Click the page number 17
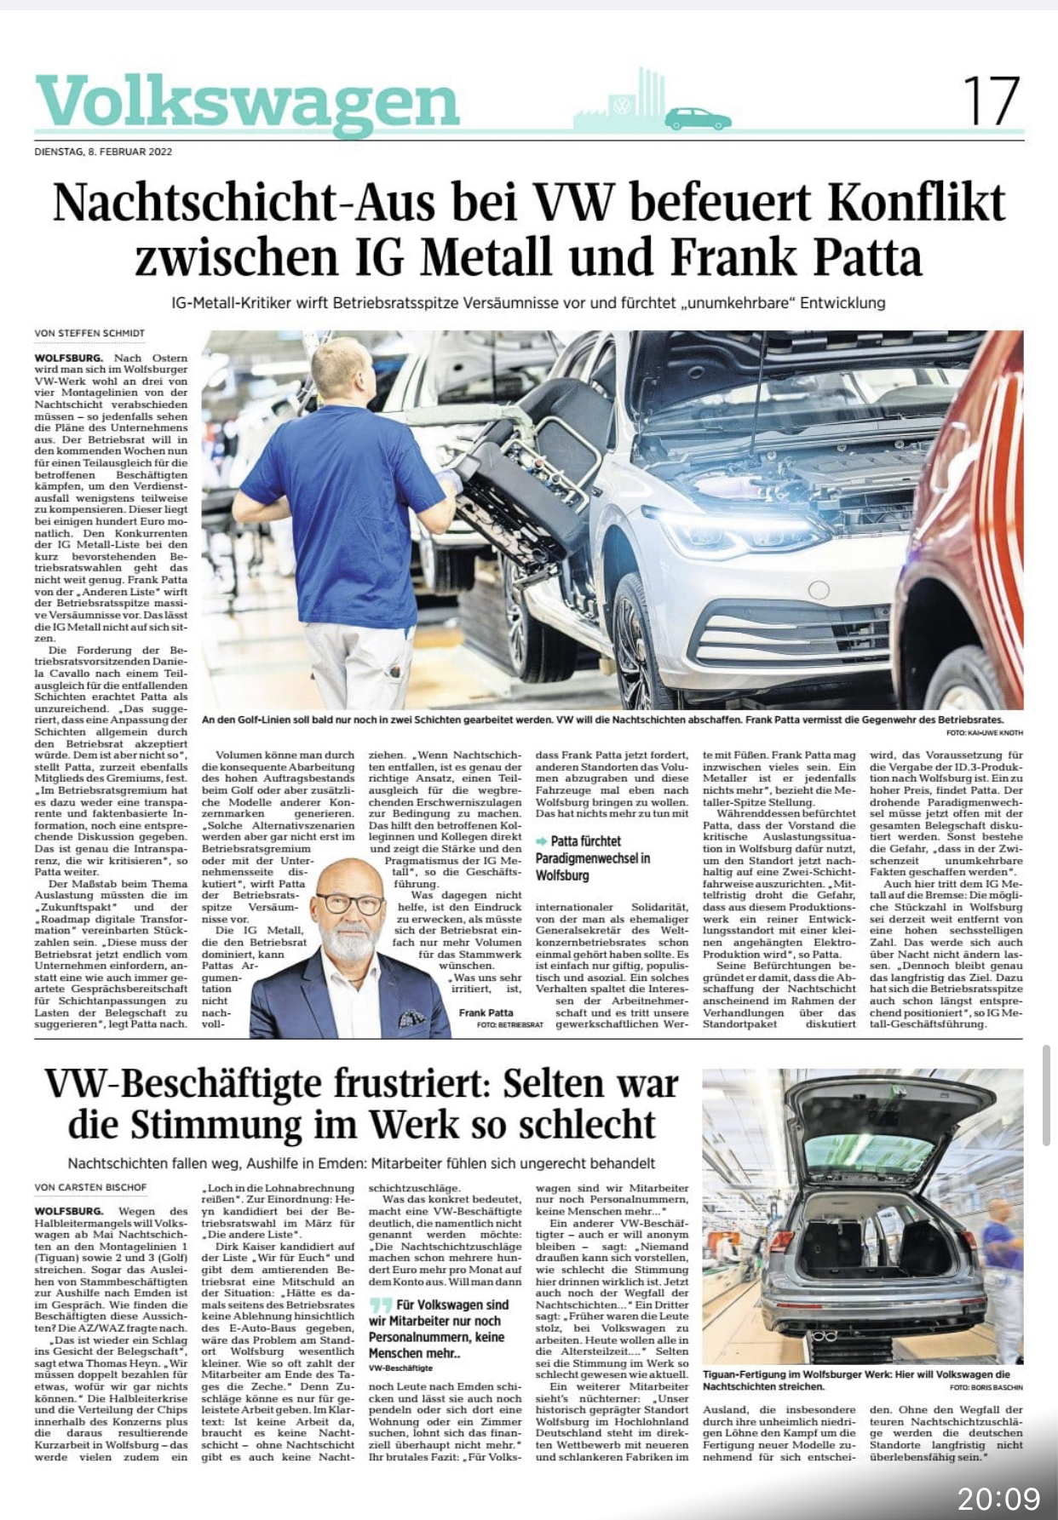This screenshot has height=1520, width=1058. pos(992,101)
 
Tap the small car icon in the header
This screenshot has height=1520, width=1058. pos(698,118)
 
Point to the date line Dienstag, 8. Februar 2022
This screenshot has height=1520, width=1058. pos(103,152)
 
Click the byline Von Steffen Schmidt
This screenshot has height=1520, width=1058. pos(89,333)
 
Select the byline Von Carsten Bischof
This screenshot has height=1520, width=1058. pos(89,1187)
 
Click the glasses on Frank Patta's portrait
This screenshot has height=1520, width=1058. pos(348,903)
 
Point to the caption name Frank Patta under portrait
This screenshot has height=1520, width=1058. pos(486,1012)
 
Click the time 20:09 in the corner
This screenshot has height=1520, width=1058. pos(998,1498)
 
